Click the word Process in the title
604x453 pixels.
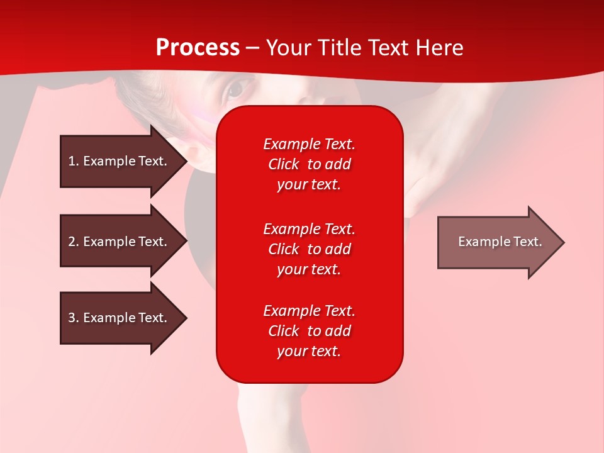click(x=198, y=48)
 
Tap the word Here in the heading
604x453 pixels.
click(x=439, y=48)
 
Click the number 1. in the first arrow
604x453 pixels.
click(x=74, y=161)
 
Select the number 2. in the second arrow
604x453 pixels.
click(x=74, y=242)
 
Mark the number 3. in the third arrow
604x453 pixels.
click(x=74, y=318)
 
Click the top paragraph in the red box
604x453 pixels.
click(x=309, y=164)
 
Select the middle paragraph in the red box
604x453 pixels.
click(x=309, y=249)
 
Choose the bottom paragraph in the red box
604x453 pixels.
click(x=309, y=331)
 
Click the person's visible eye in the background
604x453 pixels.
click(x=235, y=90)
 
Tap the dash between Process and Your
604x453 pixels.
click(x=253, y=48)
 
